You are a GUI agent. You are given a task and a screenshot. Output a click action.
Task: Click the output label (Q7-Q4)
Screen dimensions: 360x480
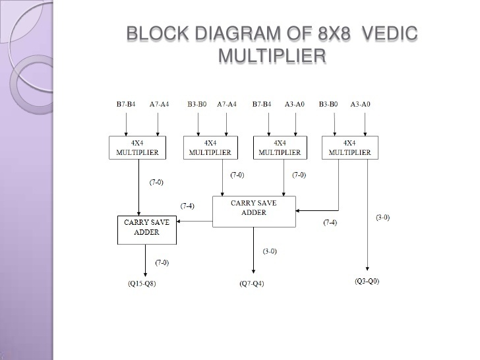tap(252, 284)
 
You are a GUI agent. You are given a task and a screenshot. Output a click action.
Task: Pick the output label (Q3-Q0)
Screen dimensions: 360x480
tap(367, 282)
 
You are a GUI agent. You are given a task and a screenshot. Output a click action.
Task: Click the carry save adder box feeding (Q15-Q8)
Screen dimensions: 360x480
tap(146, 227)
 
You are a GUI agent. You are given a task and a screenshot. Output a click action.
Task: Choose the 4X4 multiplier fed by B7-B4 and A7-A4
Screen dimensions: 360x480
tap(138, 147)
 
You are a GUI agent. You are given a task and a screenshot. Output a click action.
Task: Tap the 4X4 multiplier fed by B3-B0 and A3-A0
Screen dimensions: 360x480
tap(349, 147)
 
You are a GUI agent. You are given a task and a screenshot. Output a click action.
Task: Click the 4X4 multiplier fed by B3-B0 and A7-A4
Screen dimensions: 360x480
tap(210, 147)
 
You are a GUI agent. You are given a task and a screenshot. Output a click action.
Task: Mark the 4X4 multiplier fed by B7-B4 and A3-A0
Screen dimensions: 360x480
tap(280, 147)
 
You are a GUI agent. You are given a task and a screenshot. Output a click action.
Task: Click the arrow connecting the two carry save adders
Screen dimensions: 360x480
tap(195, 221)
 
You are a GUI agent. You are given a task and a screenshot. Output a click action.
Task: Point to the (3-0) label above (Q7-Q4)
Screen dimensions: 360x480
tap(270, 251)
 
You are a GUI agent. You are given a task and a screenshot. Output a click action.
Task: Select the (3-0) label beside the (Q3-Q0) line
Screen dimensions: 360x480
tap(382, 218)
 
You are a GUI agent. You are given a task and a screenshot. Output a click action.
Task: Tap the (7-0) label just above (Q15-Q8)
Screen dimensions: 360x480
tap(162, 262)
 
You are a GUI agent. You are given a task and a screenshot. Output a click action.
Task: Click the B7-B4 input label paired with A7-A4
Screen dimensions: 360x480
tap(126, 104)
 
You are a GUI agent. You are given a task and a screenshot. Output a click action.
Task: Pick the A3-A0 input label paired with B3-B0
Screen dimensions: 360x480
tap(360, 104)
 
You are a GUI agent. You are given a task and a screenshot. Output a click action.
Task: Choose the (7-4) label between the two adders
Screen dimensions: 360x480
tap(188, 206)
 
